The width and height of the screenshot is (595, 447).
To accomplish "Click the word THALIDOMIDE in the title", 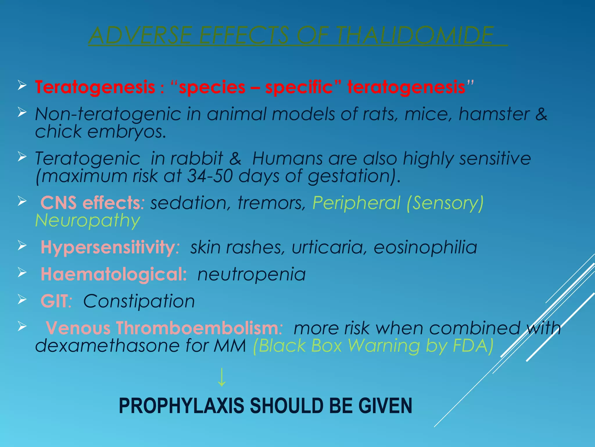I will (x=415, y=36).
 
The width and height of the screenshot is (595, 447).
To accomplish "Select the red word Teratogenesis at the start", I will (x=95, y=87).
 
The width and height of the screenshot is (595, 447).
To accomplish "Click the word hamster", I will (x=494, y=114).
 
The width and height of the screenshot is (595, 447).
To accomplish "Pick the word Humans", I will (x=287, y=159).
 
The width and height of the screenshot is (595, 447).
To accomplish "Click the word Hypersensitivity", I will (x=108, y=247).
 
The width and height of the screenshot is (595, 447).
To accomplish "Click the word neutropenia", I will (x=252, y=274).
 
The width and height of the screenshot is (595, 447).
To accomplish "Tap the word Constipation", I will (x=139, y=301).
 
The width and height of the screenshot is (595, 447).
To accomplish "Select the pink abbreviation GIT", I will (x=55, y=301).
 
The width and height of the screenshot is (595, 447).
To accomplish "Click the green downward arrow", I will (x=222, y=377).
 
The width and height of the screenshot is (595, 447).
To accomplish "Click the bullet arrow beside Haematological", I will (x=22, y=273).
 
